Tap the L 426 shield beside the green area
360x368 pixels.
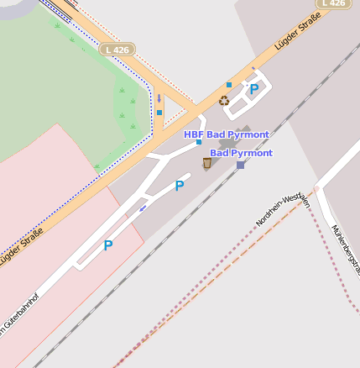point(117,50)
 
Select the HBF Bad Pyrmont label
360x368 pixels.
point(227,134)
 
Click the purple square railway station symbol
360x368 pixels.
point(241,165)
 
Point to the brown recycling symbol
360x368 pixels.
point(224,101)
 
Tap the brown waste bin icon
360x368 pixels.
point(207,162)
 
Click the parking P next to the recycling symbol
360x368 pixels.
point(253,88)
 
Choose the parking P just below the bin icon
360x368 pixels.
point(179,186)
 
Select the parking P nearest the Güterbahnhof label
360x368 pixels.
point(107,245)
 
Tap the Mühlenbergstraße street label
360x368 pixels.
point(346,250)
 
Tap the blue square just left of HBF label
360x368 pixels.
point(199,142)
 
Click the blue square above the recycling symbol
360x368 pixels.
point(228,85)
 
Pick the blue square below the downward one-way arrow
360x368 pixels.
point(159,113)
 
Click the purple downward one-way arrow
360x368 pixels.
point(159,99)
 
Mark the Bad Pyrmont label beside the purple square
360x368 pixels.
point(241,153)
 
